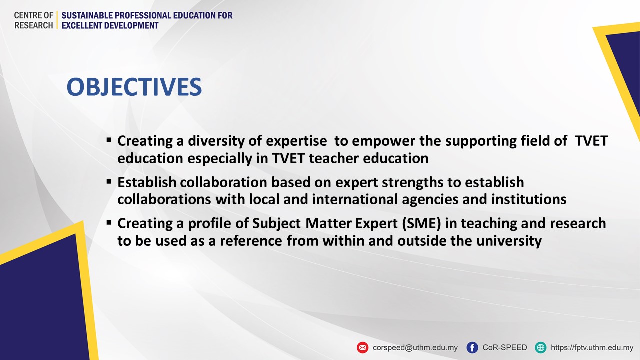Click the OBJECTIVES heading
[134, 87]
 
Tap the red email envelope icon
[362, 347]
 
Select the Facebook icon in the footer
[472, 347]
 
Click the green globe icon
[540, 347]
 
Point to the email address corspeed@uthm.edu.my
[415, 347]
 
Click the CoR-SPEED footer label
[505, 347]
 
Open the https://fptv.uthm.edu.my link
[592, 347]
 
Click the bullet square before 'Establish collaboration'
[109, 182]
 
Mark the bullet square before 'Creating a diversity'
[109, 140]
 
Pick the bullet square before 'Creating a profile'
[109, 223]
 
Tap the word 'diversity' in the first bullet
[216, 141]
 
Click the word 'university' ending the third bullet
[509, 241]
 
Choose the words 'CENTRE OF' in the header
[33, 15]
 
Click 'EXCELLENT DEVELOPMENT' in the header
[110, 25]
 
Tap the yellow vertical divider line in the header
[57, 20]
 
